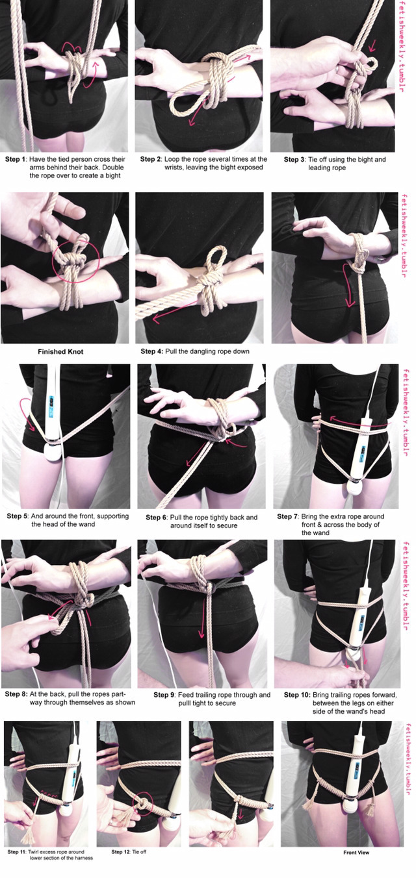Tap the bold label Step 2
pyautogui.click(x=151, y=159)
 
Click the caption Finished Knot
pyautogui.click(x=60, y=351)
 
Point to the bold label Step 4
pyautogui.click(x=151, y=351)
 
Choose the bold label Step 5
pyautogui.click(x=18, y=516)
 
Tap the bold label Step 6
pyautogui.click(x=157, y=518)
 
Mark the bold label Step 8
pyautogui.click(x=16, y=694)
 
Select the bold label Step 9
pyautogui.click(x=164, y=695)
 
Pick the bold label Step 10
pyautogui.click(x=297, y=695)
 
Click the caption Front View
pyautogui.click(x=356, y=853)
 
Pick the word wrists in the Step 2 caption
pyautogui.click(x=174, y=168)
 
